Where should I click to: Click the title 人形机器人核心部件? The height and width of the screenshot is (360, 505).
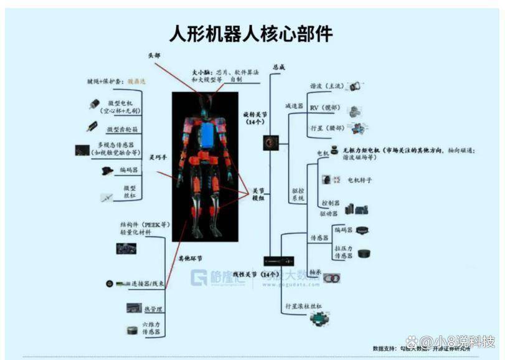[x=252, y=33]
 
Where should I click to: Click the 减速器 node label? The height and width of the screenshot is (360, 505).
[x=294, y=107]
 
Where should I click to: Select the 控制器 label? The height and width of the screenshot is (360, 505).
[x=330, y=204]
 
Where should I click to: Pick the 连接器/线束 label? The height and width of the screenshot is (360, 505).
[x=148, y=284]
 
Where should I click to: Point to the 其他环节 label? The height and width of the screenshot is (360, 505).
[x=191, y=258]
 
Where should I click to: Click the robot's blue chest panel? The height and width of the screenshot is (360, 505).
[x=206, y=133]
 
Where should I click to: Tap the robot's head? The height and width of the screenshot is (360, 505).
[x=205, y=102]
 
